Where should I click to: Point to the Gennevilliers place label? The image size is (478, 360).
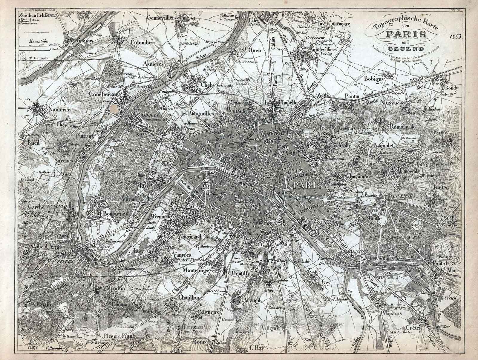point(163,18)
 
